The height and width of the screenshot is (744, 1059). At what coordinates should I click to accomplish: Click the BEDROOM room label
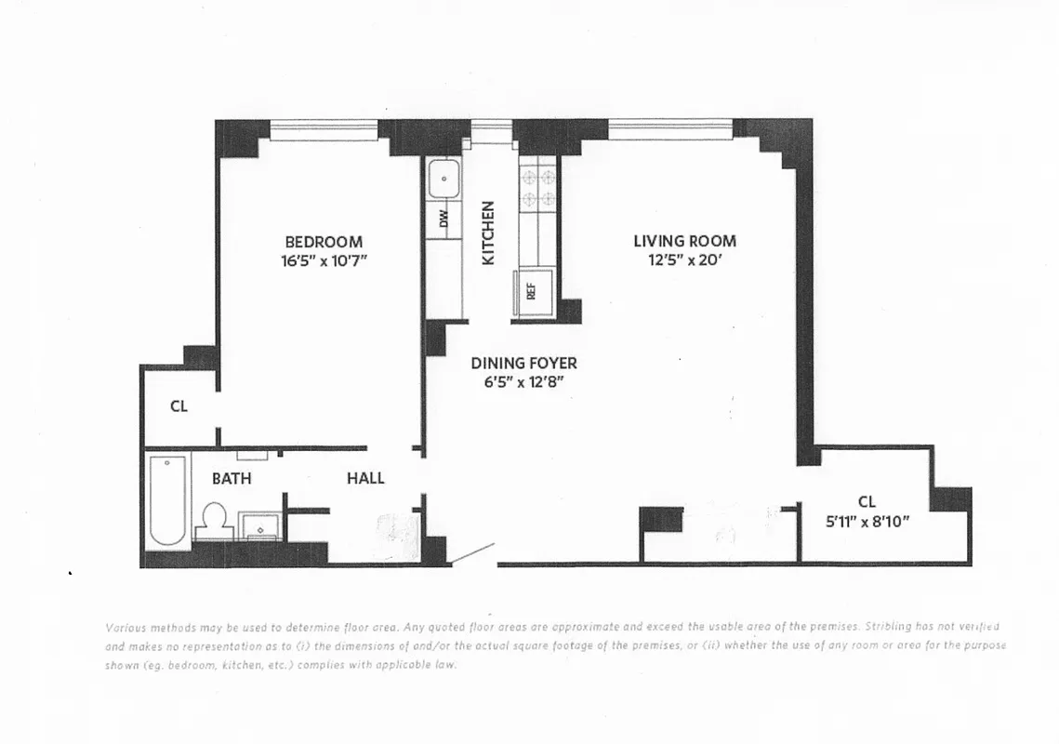(x=324, y=242)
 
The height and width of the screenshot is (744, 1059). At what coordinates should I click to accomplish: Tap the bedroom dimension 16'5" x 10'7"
(x=324, y=261)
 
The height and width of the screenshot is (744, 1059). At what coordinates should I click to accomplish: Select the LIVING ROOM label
(x=684, y=241)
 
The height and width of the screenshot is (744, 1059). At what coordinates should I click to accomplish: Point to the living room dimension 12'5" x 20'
(x=685, y=260)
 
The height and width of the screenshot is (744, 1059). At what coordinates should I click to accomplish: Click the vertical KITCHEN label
(x=488, y=233)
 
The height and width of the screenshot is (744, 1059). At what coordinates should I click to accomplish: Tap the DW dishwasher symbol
(x=443, y=219)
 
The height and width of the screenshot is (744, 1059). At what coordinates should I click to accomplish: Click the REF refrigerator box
(x=533, y=291)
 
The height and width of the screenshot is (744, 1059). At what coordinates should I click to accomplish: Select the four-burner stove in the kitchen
(x=537, y=186)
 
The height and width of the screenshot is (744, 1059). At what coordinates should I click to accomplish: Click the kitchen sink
(x=444, y=179)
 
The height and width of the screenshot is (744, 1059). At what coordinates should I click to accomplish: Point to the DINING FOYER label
(x=523, y=363)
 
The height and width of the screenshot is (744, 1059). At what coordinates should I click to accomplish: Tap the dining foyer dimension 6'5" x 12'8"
(x=523, y=382)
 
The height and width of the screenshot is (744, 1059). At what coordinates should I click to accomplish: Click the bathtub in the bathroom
(x=168, y=500)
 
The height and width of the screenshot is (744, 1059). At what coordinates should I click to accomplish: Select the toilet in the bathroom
(x=215, y=520)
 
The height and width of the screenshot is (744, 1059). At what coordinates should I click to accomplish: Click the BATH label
(x=232, y=478)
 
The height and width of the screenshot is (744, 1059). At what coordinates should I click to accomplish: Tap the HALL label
(x=365, y=478)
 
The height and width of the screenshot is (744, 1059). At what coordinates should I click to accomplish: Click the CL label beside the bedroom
(x=179, y=406)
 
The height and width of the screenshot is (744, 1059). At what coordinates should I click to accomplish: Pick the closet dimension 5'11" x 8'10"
(x=867, y=522)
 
